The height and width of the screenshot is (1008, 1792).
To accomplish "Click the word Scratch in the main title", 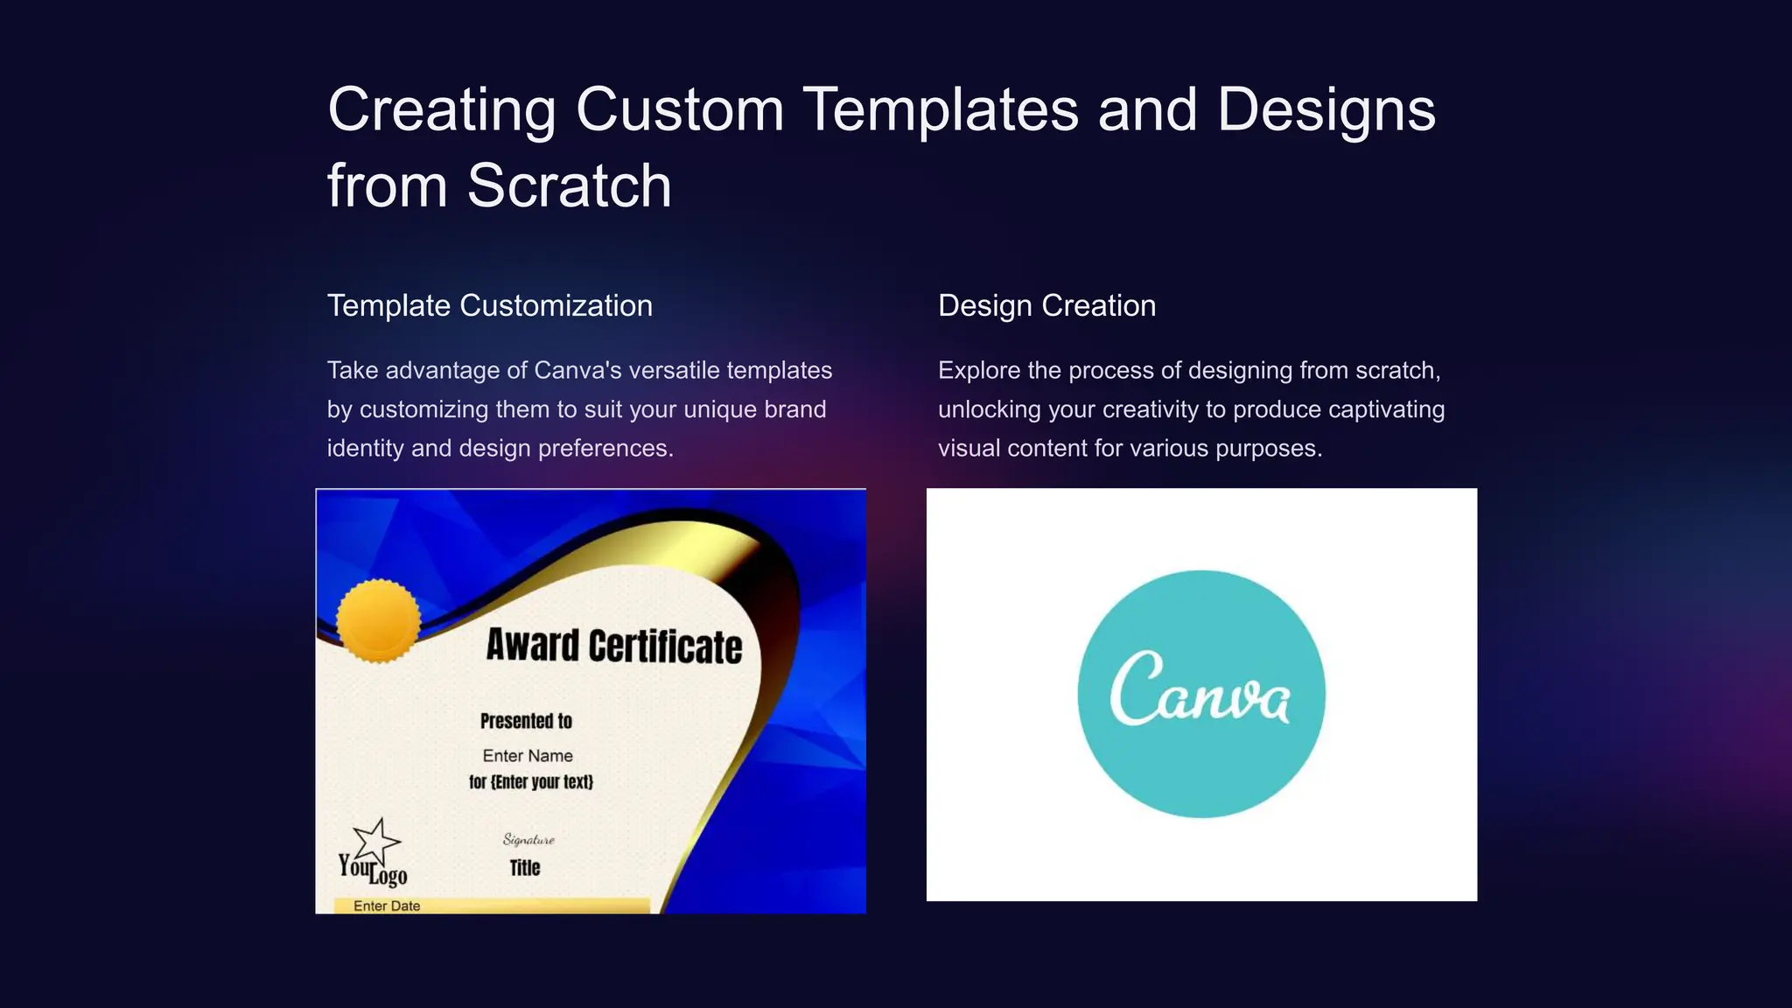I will (569, 185).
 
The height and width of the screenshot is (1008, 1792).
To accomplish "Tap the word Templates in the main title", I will (940, 109).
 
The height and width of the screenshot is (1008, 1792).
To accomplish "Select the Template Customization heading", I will (489, 305).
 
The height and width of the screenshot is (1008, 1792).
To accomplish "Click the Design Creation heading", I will (1046, 305).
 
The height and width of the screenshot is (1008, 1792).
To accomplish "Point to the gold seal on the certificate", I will (378, 620).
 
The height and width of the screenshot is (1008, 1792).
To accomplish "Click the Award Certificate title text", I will (613, 646).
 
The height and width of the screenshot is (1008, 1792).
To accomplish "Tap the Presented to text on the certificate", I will (526, 721).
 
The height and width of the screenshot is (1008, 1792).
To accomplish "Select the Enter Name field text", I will (528, 755).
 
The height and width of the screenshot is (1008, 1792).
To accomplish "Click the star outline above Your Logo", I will (377, 841).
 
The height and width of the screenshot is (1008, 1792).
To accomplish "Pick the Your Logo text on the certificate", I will (374, 870).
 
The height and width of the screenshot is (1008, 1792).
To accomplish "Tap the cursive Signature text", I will (528, 840).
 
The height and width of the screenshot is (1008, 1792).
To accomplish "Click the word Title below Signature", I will (525, 867).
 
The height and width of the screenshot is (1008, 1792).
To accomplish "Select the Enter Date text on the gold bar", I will (387, 906).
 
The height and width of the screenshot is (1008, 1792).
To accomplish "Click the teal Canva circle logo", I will (1200, 694).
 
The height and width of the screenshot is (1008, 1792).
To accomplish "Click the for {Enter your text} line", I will (531, 781).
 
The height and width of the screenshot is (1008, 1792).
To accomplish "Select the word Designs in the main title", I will (1326, 109).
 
